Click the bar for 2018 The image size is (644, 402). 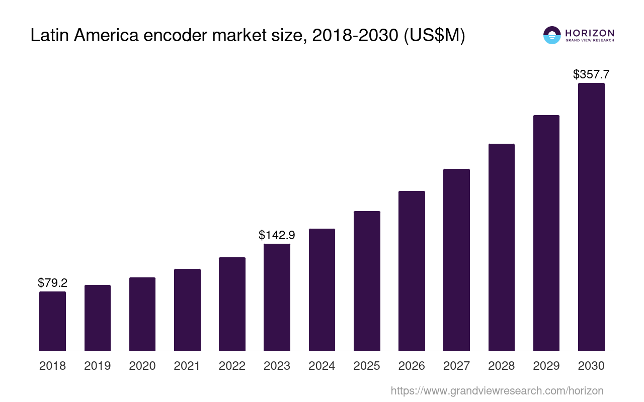(52, 321)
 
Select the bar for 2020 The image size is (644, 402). (142, 314)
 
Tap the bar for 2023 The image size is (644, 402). (277, 297)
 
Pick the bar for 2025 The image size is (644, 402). (367, 281)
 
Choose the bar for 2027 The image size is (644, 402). (456, 260)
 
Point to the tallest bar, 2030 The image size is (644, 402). (591, 217)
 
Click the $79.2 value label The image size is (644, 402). (52, 283)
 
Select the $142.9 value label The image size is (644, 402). (277, 235)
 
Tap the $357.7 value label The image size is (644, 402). (591, 74)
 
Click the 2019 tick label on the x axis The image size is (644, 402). (97, 366)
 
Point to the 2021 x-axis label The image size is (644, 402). (187, 366)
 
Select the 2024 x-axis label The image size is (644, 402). (322, 366)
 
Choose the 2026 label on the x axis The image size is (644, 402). (412, 366)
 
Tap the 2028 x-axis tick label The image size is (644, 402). (502, 366)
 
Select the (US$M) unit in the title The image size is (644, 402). (435, 36)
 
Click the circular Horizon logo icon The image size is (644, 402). (552, 35)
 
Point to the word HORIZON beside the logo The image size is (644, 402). (590, 33)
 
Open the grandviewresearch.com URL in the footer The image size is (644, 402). (497, 390)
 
